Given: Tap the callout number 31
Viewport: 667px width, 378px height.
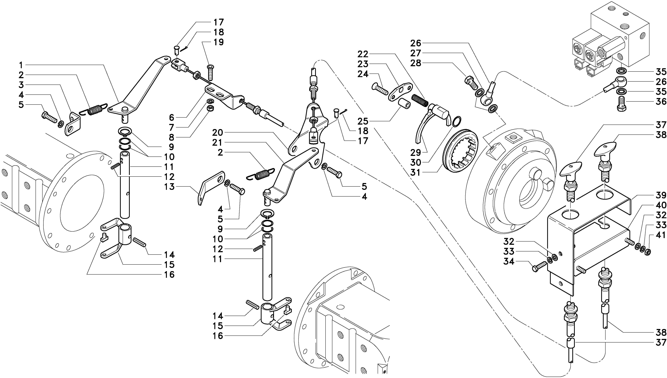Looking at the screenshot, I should [x=415, y=172].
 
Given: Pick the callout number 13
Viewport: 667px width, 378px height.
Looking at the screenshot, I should [x=169, y=187].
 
